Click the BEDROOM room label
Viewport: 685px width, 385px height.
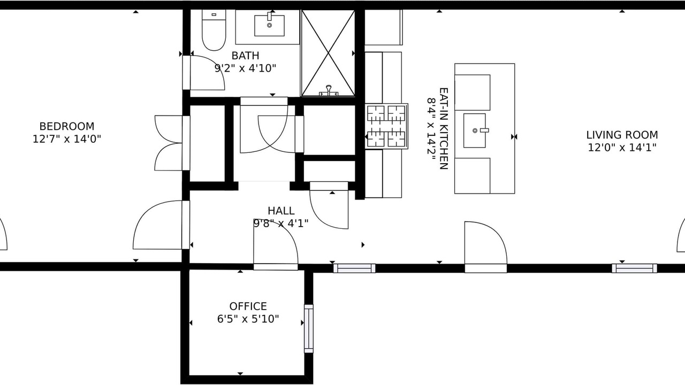click(x=67, y=126)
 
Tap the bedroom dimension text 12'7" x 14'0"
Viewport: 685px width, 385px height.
click(x=67, y=139)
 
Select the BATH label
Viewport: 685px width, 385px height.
click(x=245, y=56)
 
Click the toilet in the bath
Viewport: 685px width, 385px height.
click(x=214, y=30)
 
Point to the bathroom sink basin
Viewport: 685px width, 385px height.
click(x=269, y=26)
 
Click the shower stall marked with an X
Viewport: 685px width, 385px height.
click(x=328, y=53)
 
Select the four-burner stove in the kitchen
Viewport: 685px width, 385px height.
click(x=386, y=126)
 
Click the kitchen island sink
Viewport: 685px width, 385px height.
click(x=475, y=130)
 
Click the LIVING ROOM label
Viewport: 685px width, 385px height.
click(x=622, y=135)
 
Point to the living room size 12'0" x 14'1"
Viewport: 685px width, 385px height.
click(x=622, y=148)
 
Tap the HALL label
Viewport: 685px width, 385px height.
click(x=281, y=211)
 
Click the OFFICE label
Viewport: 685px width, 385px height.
click(x=248, y=306)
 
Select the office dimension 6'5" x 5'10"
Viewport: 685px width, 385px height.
click(x=248, y=319)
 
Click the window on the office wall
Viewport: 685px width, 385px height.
click(x=309, y=328)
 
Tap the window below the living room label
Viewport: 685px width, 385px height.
click(x=634, y=268)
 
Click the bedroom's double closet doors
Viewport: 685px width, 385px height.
click(x=169, y=143)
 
